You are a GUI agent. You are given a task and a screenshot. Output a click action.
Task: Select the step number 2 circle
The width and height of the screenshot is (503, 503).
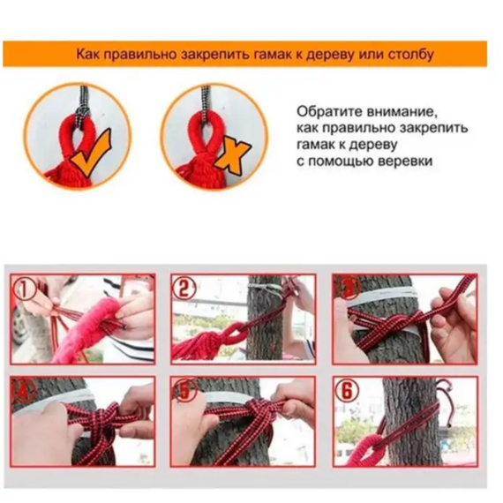183,287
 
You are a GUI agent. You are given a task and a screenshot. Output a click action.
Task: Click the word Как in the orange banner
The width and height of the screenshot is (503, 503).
86,54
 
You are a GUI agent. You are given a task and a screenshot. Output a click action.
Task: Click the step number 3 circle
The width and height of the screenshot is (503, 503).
348,286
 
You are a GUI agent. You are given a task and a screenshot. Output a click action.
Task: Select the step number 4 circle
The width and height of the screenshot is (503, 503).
25,390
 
